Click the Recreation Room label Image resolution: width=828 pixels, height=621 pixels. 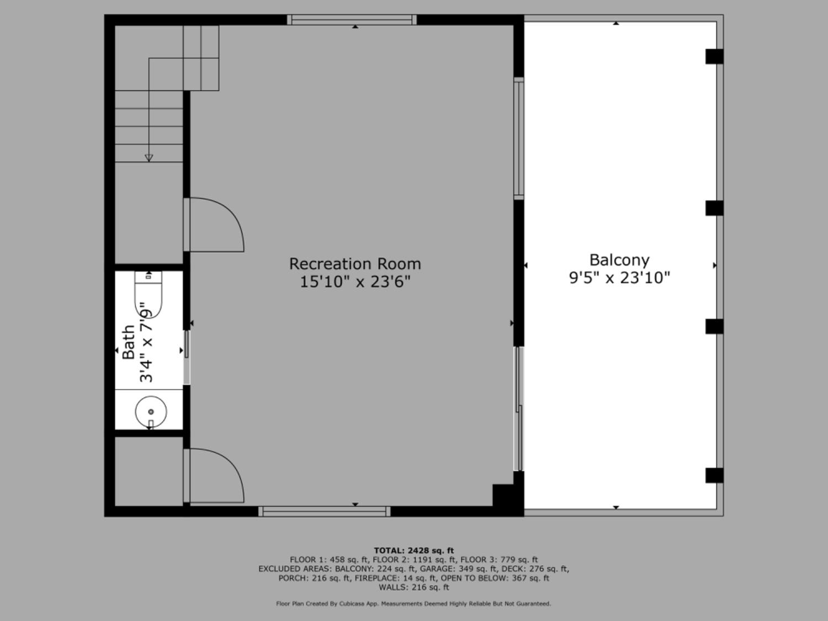355,264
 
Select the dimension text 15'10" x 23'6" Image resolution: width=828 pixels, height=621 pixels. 355,282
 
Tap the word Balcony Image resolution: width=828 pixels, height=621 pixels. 619,260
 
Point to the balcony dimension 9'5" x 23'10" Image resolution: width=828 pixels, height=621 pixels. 619,277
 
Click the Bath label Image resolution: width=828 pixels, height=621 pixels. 129,342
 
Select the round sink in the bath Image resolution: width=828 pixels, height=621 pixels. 151,412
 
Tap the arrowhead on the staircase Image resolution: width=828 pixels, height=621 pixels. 148,158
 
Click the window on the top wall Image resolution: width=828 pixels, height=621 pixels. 352,20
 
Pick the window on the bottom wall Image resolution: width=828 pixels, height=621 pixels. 325,511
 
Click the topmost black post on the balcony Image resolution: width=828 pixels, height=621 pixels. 714,56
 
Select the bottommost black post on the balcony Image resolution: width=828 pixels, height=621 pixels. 714,475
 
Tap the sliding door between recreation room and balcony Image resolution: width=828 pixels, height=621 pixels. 518,408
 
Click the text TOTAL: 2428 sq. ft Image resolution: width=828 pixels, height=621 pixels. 413,550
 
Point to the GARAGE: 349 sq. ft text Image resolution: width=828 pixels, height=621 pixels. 454,569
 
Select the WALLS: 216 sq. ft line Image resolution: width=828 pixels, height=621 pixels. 413,587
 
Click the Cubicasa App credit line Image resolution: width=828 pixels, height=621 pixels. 413,604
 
